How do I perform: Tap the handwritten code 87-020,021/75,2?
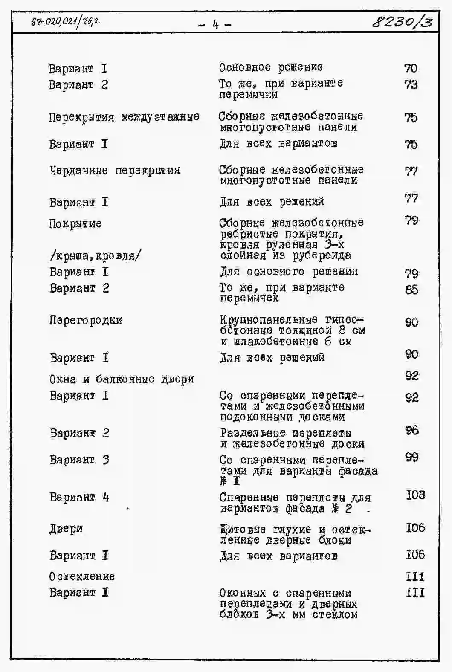[x=65, y=21]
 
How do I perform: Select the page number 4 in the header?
[x=215, y=25]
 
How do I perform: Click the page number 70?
[x=411, y=68]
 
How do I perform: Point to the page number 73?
[x=411, y=84]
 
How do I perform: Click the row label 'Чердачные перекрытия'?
[x=115, y=171]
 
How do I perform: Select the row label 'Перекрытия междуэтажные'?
[x=124, y=117]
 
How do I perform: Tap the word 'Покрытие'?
[x=75, y=224]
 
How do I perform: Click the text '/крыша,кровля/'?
[x=95, y=256]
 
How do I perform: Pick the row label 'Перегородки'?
[x=86, y=320]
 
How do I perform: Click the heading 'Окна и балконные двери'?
[x=122, y=379]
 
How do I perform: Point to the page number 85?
[x=411, y=290]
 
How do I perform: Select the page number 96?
[x=412, y=430]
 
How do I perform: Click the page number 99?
[x=412, y=457]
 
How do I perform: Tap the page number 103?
[x=415, y=495]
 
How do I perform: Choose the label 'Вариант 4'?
[x=79, y=497]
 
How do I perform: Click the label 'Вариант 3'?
[x=79, y=460]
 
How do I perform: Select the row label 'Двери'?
[x=66, y=529]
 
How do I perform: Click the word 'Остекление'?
[x=82, y=576]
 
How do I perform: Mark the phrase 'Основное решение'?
[x=271, y=67]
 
